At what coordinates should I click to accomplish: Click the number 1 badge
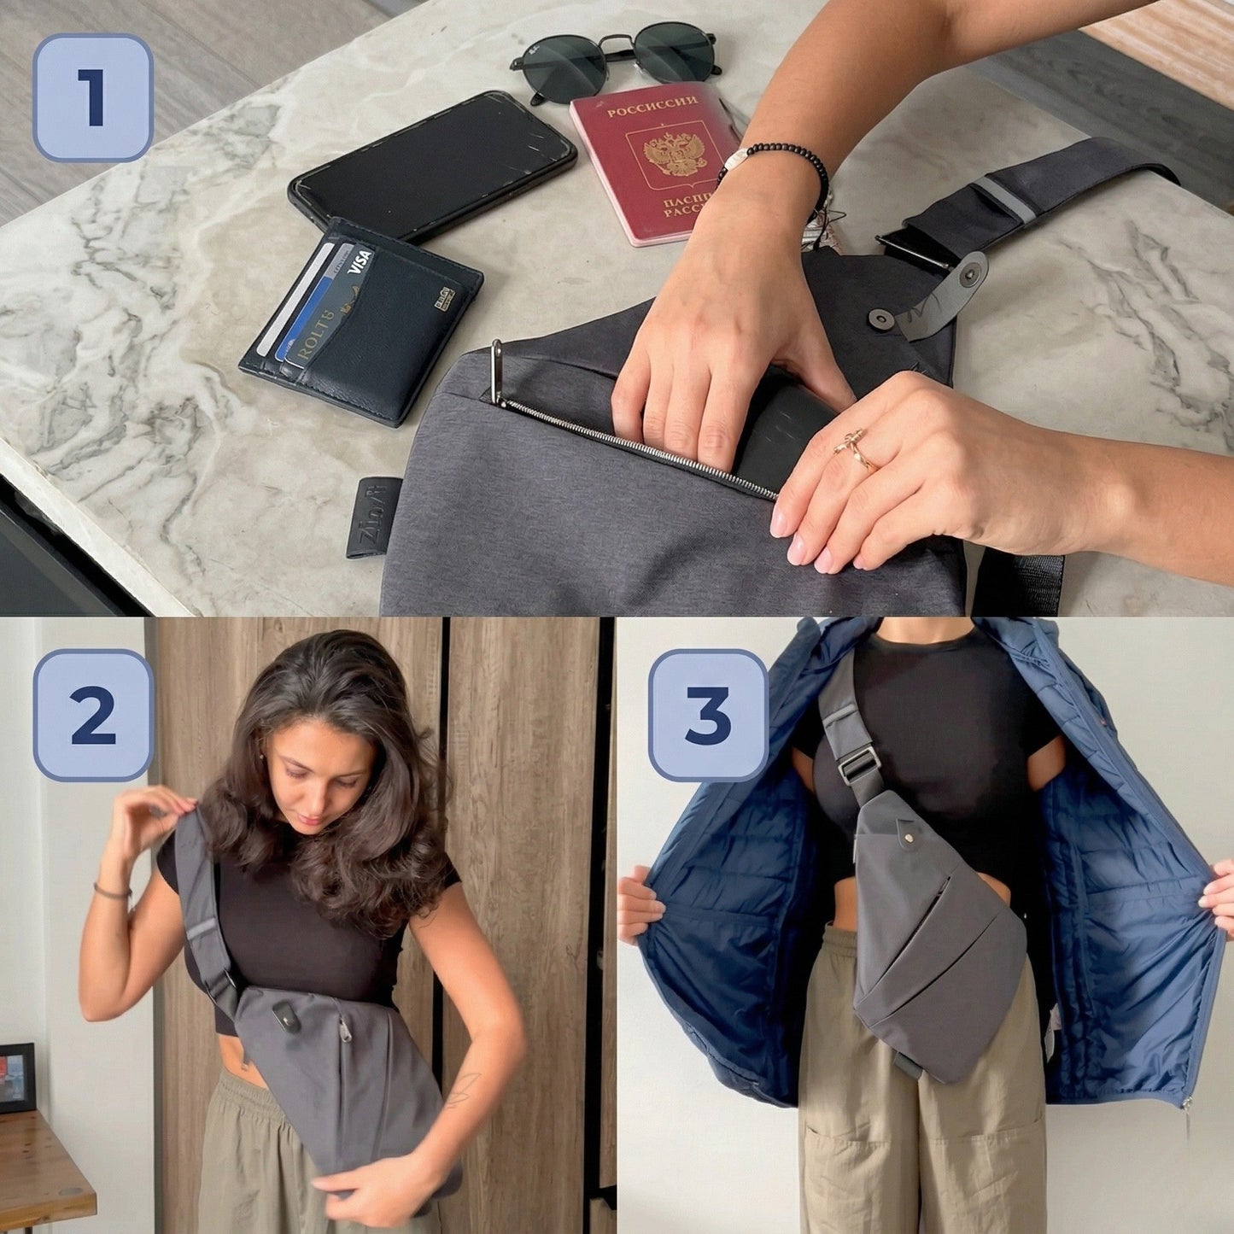(92, 97)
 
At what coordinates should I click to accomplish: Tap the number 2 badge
(92, 715)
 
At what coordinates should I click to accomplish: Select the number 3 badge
(708, 715)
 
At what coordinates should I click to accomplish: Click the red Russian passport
(652, 162)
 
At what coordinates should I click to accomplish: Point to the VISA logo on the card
(360, 257)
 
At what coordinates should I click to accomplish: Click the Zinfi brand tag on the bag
(374, 517)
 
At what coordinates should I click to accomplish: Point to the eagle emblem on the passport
(675, 154)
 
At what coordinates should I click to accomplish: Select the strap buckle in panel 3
(859, 763)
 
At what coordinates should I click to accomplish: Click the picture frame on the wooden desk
(16, 1078)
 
